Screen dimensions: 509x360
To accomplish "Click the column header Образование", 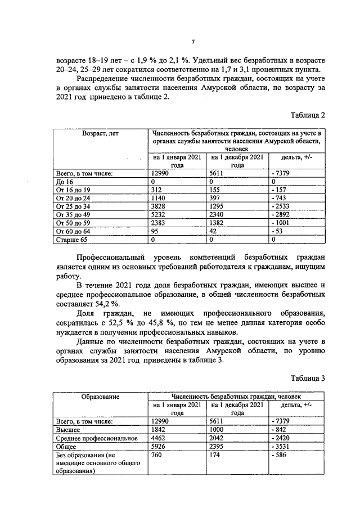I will pos(100,397).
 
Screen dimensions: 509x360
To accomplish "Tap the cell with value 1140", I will pos(160,198).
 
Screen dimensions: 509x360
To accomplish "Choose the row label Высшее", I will pos(68,429).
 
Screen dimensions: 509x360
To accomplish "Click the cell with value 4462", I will pos(160,437).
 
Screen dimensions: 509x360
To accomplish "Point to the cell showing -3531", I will pos(281,445).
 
